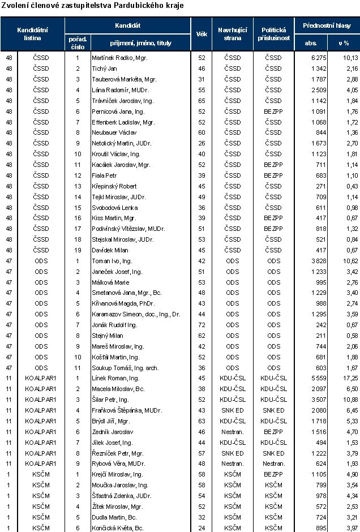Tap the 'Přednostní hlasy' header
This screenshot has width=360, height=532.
coord(327,25)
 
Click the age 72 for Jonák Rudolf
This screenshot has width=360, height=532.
coord(200,325)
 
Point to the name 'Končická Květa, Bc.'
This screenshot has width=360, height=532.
coord(117,528)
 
